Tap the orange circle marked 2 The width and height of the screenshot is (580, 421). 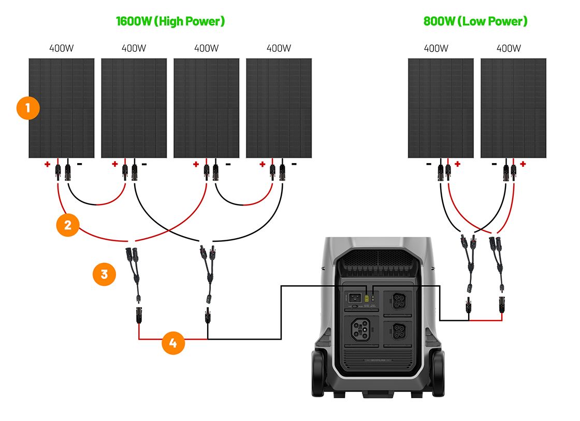click(68, 225)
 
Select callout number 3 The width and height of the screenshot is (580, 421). click(104, 274)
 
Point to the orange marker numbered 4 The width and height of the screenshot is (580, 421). click(173, 343)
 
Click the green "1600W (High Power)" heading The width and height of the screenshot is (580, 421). click(170, 21)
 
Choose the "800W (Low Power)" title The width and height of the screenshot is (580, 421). click(475, 21)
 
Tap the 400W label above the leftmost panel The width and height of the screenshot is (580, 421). click(61, 48)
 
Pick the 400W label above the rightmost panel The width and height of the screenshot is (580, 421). click(509, 48)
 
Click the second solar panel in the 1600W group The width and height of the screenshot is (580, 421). click(134, 108)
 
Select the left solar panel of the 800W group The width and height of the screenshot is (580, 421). click(441, 108)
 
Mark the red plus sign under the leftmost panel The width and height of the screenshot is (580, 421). click(47, 165)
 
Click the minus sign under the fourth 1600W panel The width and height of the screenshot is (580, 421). click(294, 164)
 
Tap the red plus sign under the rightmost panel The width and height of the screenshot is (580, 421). click(523, 164)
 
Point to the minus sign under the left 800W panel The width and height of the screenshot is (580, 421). click(429, 164)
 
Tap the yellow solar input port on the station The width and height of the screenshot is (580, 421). click(367, 299)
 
